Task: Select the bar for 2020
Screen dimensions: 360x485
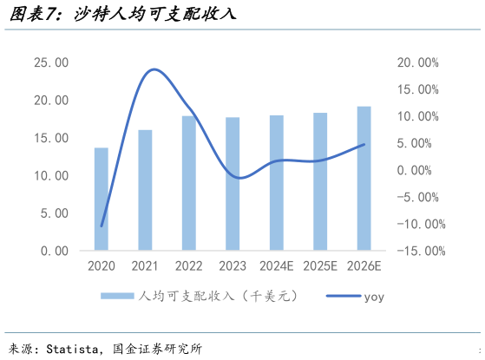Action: pyautogui.click(x=102, y=199)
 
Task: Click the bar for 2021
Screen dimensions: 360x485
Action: pyautogui.click(x=145, y=190)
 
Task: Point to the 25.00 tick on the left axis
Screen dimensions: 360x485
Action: pyautogui.click(x=50, y=63)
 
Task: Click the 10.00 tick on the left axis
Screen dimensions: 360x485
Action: pyautogui.click(x=50, y=176)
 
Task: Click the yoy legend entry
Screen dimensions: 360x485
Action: pyautogui.click(x=373, y=297)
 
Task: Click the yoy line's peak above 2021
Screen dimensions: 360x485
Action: pyautogui.click(x=154, y=69)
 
